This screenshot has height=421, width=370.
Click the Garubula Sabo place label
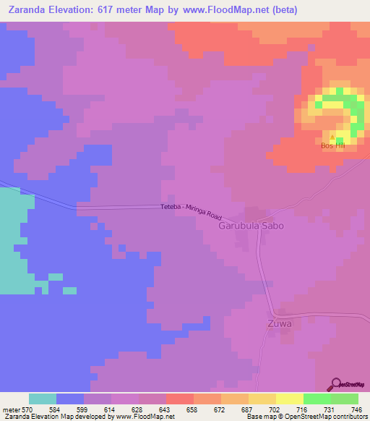click(251, 226)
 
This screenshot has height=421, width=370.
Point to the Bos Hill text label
click(333, 146)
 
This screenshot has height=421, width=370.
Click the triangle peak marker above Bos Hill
click(333, 137)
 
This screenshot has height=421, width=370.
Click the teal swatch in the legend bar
click(43, 399)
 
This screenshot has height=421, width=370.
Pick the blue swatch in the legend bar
click(70, 399)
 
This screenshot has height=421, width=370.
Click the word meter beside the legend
click(9, 409)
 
